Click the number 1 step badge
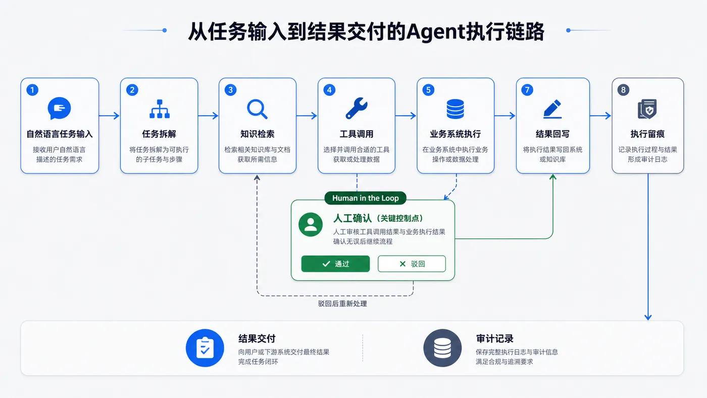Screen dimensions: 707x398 32,90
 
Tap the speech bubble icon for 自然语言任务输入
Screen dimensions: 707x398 60,108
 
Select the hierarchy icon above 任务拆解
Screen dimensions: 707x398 160,109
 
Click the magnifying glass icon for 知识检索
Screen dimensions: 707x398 257,109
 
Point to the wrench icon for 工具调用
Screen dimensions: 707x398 357,108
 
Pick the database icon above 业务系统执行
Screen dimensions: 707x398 455,109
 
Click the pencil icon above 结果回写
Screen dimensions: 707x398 552,109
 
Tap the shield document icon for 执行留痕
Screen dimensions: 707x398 647,109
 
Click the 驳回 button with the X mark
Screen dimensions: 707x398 412,264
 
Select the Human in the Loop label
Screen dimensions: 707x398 365,198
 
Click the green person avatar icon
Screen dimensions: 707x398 311,224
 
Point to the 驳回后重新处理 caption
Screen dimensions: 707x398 342,304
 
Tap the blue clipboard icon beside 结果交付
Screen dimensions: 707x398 205,348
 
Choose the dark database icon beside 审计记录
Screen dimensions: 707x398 442,348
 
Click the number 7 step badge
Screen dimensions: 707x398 527,90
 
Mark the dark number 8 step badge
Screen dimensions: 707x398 623,90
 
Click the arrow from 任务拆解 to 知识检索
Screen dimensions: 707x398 208,116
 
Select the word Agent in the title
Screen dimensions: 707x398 436,32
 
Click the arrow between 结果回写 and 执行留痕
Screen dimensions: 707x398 600,116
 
